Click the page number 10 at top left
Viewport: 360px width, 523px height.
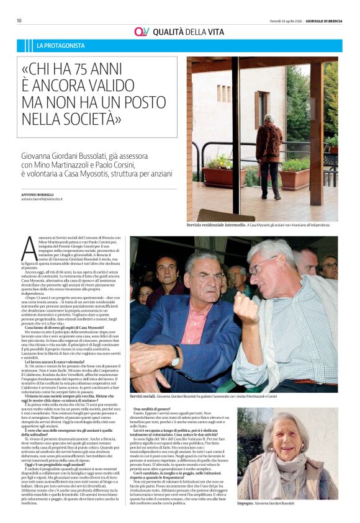pos(19,20)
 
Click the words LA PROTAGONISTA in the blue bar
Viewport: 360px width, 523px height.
pos(61,46)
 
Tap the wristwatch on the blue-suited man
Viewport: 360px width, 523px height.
pos(176,357)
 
